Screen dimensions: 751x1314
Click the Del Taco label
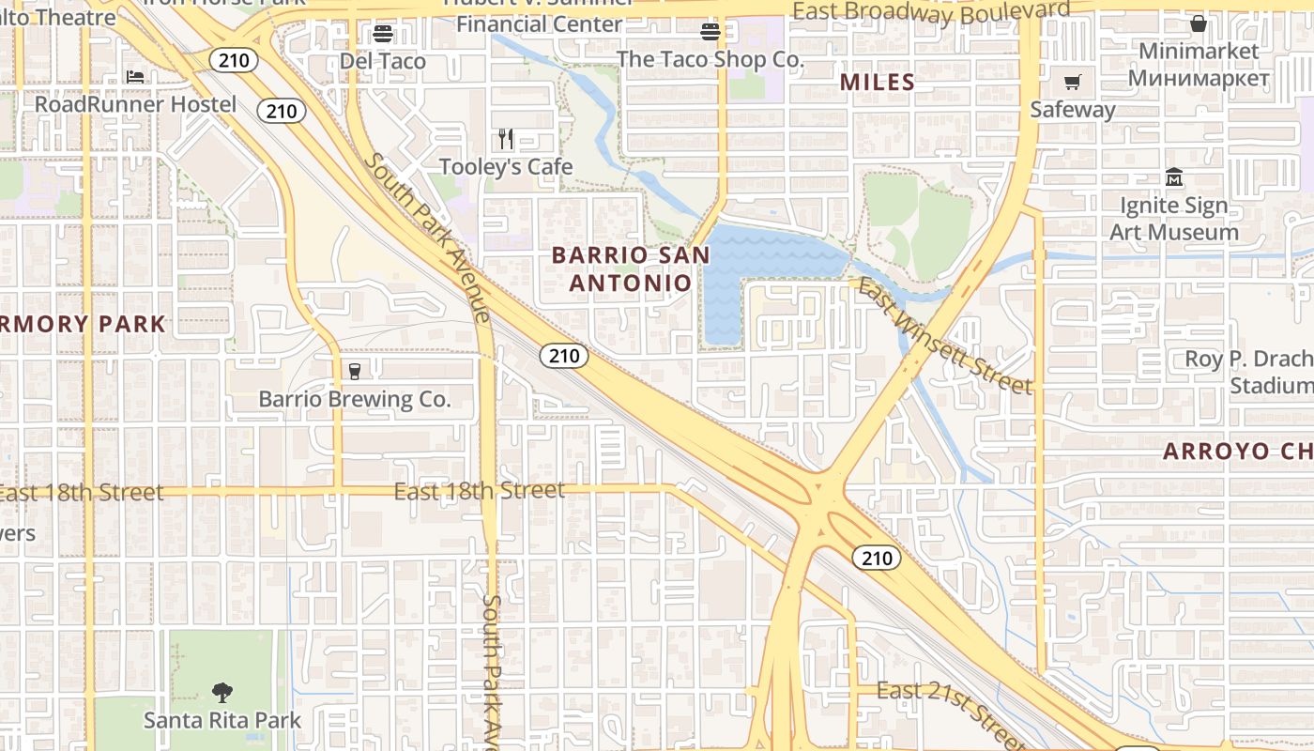(x=383, y=62)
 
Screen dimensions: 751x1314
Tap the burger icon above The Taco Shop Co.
(x=710, y=33)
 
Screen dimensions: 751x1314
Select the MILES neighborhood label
(x=878, y=83)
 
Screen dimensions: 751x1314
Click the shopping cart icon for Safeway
(x=1072, y=83)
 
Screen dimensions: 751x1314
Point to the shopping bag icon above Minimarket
(x=1199, y=23)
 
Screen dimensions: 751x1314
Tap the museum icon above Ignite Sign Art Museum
(x=1174, y=176)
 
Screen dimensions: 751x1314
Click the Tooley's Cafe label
(x=506, y=167)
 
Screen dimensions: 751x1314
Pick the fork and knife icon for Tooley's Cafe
(x=506, y=139)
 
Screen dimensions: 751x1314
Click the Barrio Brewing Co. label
(x=355, y=399)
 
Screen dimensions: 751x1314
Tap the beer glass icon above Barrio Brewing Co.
(x=355, y=371)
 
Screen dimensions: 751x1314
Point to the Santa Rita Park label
(x=222, y=720)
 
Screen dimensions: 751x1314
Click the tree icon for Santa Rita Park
(x=222, y=693)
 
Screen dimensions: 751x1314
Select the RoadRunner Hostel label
(x=135, y=104)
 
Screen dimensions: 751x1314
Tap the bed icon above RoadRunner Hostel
(x=135, y=76)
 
